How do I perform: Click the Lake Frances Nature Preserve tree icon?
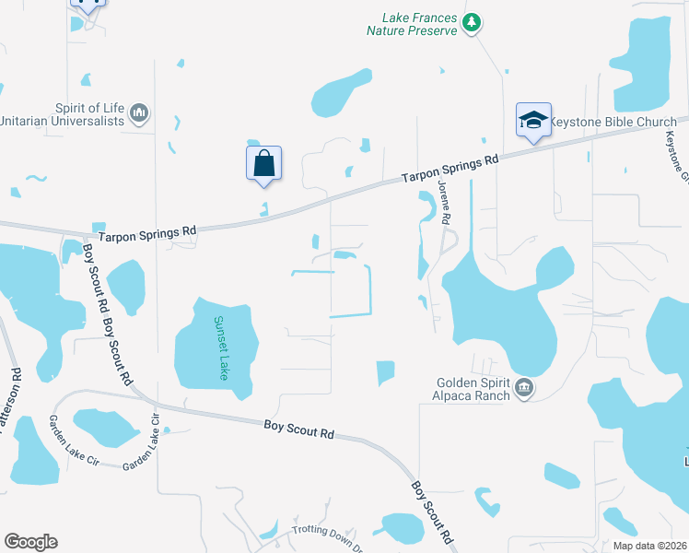pyautogui.click(x=472, y=22)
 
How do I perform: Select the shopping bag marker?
pyautogui.click(x=263, y=163)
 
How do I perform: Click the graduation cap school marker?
pyautogui.click(x=533, y=121)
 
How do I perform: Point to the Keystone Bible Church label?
pyautogui.click(x=613, y=122)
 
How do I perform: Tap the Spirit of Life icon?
pyautogui.click(x=140, y=113)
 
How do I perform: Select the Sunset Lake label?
pyautogui.click(x=220, y=348)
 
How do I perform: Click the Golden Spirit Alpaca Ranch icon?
pyautogui.click(x=523, y=387)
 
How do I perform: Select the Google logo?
pyautogui.click(x=30, y=542)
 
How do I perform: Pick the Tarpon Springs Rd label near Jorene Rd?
pyautogui.click(x=450, y=171)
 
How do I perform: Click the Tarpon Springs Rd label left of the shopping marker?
pyautogui.click(x=146, y=229)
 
